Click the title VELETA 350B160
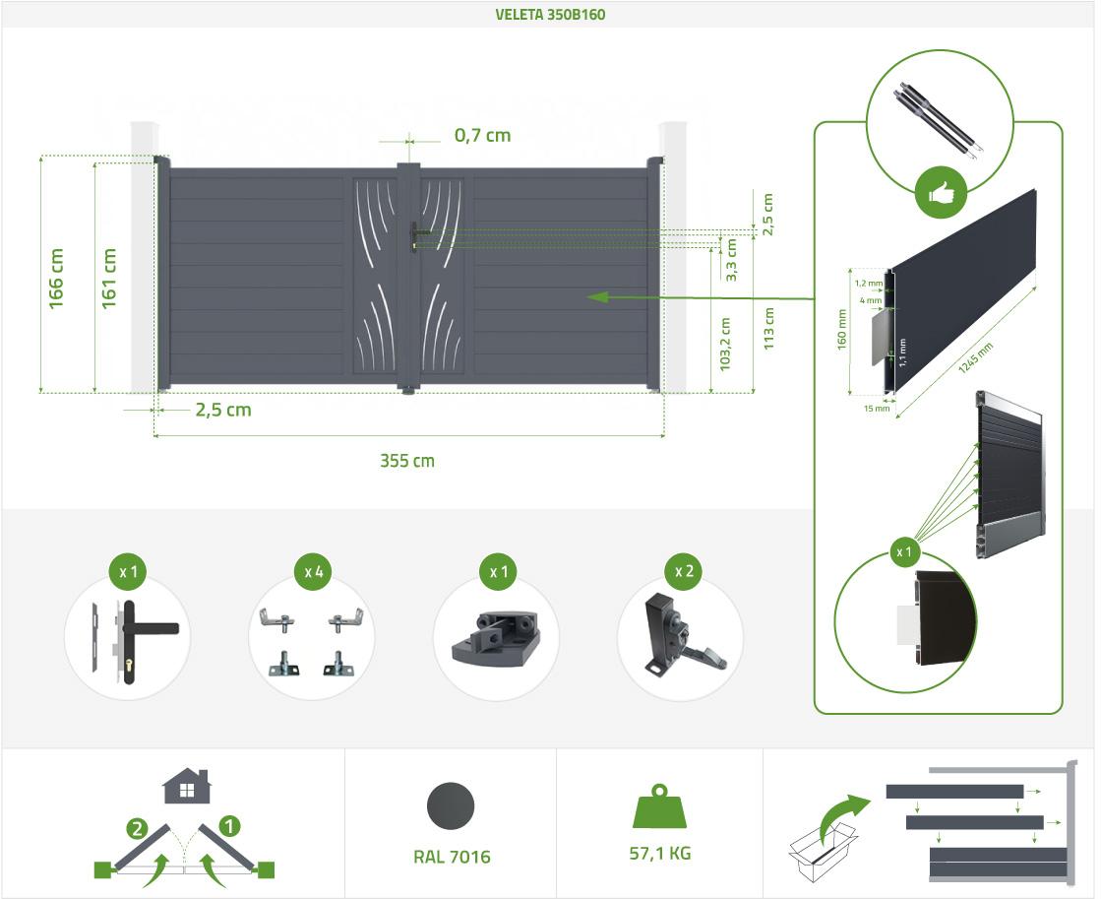click(x=550, y=14)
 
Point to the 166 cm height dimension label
click(x=55, y=279)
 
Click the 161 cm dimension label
click(x=108, y=279)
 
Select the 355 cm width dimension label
click(x=407, y=461)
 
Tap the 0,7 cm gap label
click(x=482, y=135)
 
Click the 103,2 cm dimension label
click(x=725, y=345)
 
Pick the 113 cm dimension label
click(x=768, y=328)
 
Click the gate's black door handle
click(x=417, y=235)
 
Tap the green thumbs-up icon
click(x=941, y=193)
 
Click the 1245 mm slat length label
click(x=976, y=357)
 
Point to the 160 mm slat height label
click(x=842, y=330)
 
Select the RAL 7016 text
click(x=452, y=857)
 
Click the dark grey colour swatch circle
click(x=451, y=806)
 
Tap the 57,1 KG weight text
click(x=660, y=854)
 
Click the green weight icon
click(x=659, y=806)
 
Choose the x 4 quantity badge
click(x=314, y=572)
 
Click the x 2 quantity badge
click(x=683, y=571)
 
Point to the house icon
click(x=187, y=786)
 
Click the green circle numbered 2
click(x=137, y=829)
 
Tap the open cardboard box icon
click(x=822, y=852)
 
